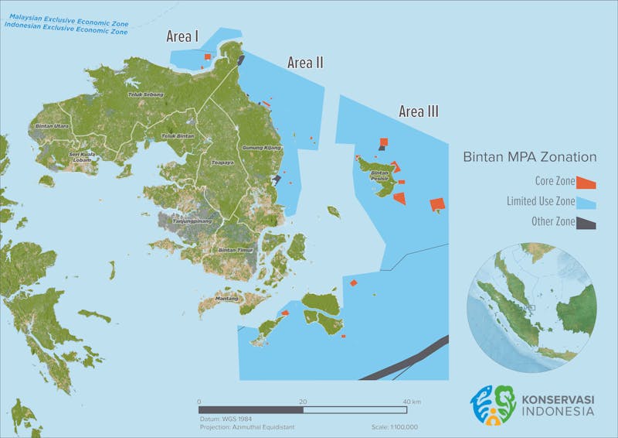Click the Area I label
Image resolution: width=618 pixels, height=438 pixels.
183,36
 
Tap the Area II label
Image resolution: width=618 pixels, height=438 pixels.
305,63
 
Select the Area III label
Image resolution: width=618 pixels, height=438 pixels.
419,112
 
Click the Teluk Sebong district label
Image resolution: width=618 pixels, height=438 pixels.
145,94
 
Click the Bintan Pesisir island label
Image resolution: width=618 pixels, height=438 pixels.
379,175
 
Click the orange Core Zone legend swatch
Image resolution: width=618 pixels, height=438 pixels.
588,182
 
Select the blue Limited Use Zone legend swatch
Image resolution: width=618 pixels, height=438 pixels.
588,202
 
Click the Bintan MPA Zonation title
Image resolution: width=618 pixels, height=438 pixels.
529,157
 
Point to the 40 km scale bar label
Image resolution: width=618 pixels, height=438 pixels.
411,402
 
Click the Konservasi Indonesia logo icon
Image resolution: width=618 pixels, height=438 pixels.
494,405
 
